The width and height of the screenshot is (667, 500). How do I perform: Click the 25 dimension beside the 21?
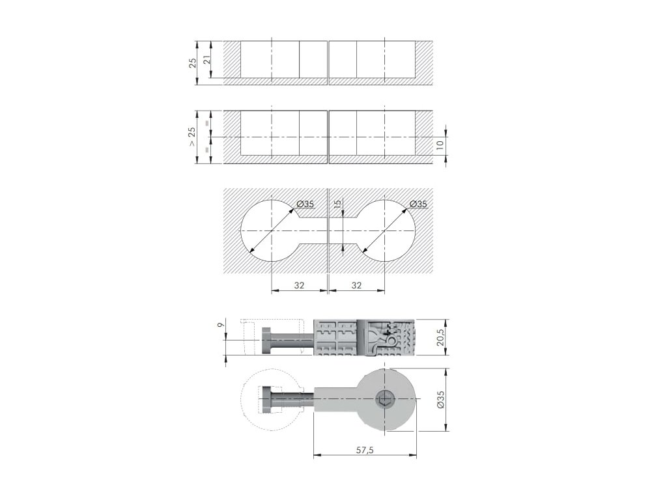click(x=192, y=63)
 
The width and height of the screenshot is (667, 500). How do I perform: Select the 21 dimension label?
click(x=207, y=60)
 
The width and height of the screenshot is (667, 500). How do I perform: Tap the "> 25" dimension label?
click(x=192, y=137)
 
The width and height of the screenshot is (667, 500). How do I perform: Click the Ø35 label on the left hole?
click(x=305, y=204)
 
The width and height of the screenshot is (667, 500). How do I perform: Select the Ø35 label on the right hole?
click(x=418, y=204)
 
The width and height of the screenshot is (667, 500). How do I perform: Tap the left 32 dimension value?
click(x=299, y=285)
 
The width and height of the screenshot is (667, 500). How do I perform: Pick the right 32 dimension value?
click(x=356, y=285)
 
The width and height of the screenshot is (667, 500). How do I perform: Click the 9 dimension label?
click(x=220, y=324)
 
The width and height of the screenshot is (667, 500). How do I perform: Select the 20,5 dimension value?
click(x=440, y=337)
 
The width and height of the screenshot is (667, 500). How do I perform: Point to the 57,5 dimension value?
click(x=365, y=450)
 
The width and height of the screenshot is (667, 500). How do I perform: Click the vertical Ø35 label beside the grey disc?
click(x=441, y=400)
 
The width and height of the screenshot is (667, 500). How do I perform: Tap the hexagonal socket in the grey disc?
click(x=385, y=399)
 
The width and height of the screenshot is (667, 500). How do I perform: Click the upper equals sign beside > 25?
click(x=208, y=123)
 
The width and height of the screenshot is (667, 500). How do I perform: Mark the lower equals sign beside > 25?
click(x=208, y=150)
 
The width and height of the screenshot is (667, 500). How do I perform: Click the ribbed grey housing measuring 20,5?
click(x=365, y=337)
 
